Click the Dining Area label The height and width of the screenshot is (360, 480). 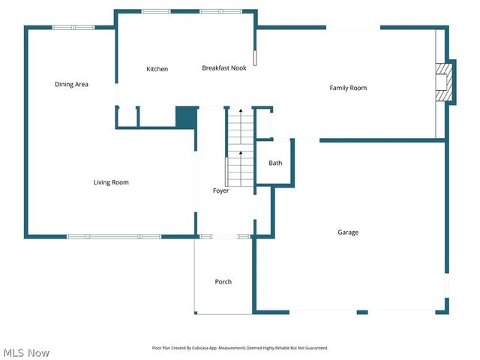click(71, 85)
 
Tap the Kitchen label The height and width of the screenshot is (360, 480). click(157, 69)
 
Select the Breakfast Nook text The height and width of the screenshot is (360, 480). click(223, 68)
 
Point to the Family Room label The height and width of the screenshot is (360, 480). click(348, 88)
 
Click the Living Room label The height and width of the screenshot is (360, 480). click(111, 182)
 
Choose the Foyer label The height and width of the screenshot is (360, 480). click(220, 190)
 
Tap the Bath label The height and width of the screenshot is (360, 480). click(275, 163)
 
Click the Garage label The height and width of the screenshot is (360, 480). click(347, 232)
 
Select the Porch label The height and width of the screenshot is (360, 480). click(223, 282)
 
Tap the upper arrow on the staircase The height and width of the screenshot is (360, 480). click(241, 111)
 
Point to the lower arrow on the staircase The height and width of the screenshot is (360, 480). click(241, 154)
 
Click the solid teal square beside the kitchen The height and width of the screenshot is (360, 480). click(185, 118)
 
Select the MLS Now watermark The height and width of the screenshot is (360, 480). click(26, 352)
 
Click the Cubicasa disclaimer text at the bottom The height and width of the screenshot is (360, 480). click(240, 348)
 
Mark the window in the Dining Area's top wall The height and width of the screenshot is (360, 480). click(73, 28)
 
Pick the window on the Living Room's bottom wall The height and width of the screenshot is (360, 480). click(114, 237)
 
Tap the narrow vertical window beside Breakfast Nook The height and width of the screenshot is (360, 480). click(255, 58)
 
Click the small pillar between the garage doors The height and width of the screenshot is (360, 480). click(362, 312)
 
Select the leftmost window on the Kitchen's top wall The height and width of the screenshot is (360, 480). click(155, 11)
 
